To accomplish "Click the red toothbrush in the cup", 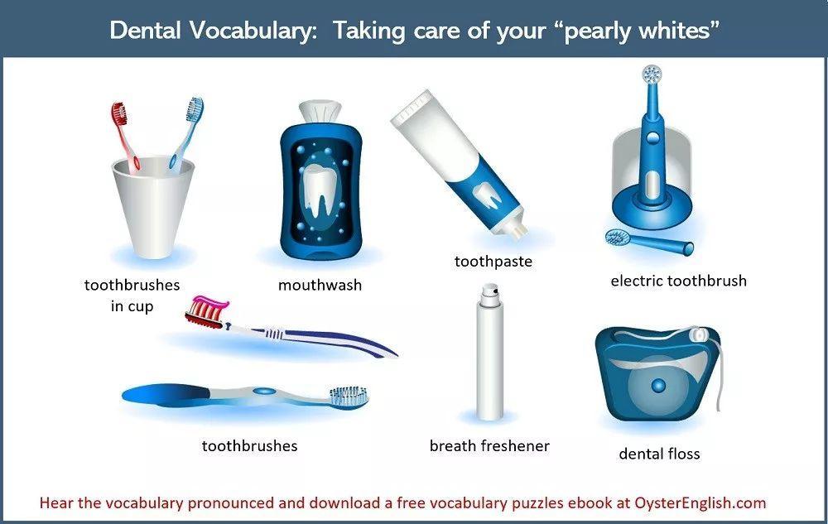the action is coord(124,135).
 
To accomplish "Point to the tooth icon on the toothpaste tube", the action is coord(488,195).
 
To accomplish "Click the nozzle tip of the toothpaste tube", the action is coord(519,230).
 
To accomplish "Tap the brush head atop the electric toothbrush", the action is coord(652,74).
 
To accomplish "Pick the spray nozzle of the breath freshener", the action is coord(490,291).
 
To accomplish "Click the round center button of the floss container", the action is coord(658,386).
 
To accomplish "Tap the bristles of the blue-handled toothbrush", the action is coord(349,395).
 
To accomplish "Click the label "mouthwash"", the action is coord(320,285).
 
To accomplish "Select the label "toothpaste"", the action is coord(493,262).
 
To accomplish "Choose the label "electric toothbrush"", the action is coord(679,281).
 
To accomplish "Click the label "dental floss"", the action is coord(659,454).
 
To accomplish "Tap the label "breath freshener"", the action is coord(489,446).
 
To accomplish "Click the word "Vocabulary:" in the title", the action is coord(253,30).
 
